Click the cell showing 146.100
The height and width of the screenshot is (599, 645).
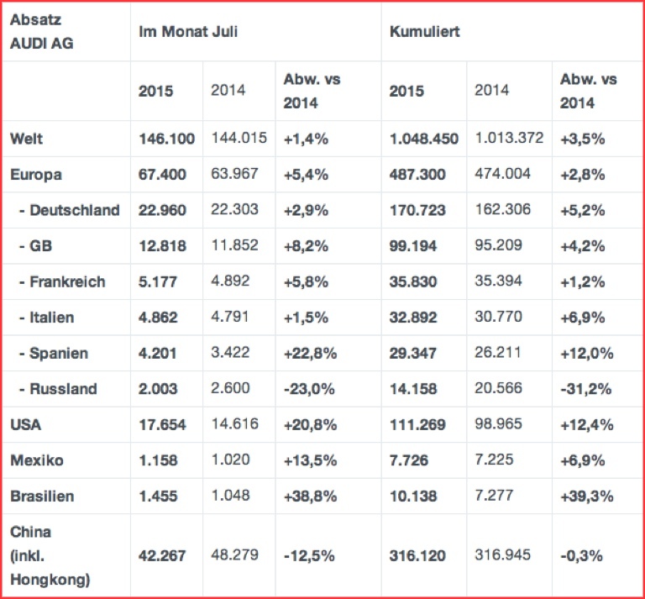[167, 139]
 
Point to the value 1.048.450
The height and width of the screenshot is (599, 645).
[424, 139]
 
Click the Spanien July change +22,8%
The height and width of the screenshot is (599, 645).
[312, 353]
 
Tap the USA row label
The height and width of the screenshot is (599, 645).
[26, 424]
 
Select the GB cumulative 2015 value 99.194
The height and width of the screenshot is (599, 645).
[414, 246]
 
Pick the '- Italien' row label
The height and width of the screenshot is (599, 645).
[46, 318]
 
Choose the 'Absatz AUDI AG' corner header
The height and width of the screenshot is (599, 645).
[42, 30]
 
